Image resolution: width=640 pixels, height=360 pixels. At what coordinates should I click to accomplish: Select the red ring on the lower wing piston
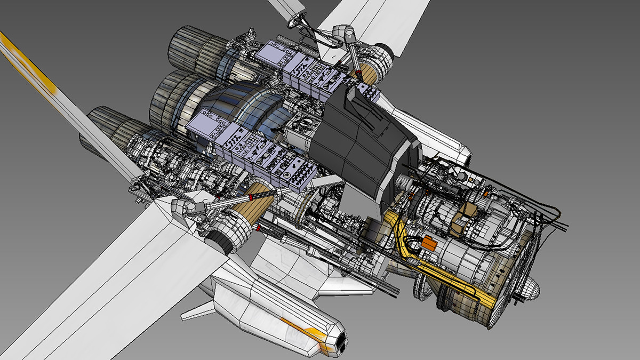tap(258, 229)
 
